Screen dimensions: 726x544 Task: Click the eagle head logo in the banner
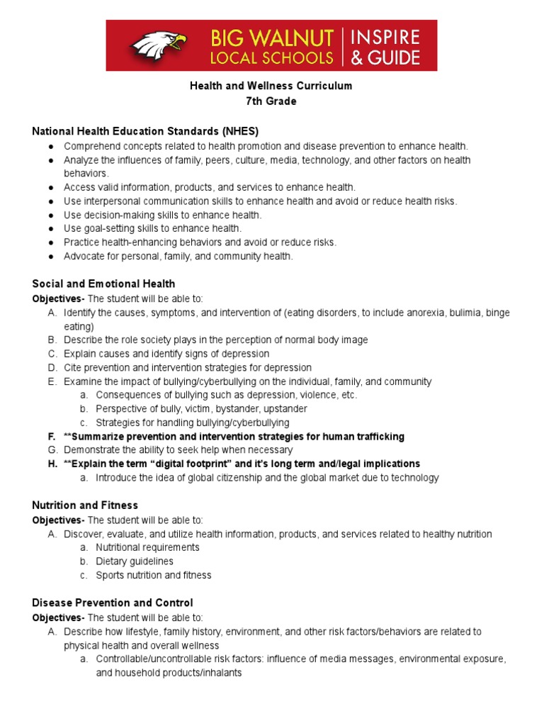(158, 45)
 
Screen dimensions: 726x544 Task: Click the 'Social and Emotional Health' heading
(103, 284)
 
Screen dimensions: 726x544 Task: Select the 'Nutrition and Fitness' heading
(85, 506)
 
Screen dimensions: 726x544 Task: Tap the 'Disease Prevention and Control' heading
(112, 603)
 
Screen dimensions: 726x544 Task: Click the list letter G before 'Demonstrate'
(52, 450)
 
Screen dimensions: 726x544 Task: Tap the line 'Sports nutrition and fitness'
(153, 575)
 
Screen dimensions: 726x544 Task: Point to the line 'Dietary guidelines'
(135, 562)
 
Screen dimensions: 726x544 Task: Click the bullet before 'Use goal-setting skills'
(52, 229)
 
